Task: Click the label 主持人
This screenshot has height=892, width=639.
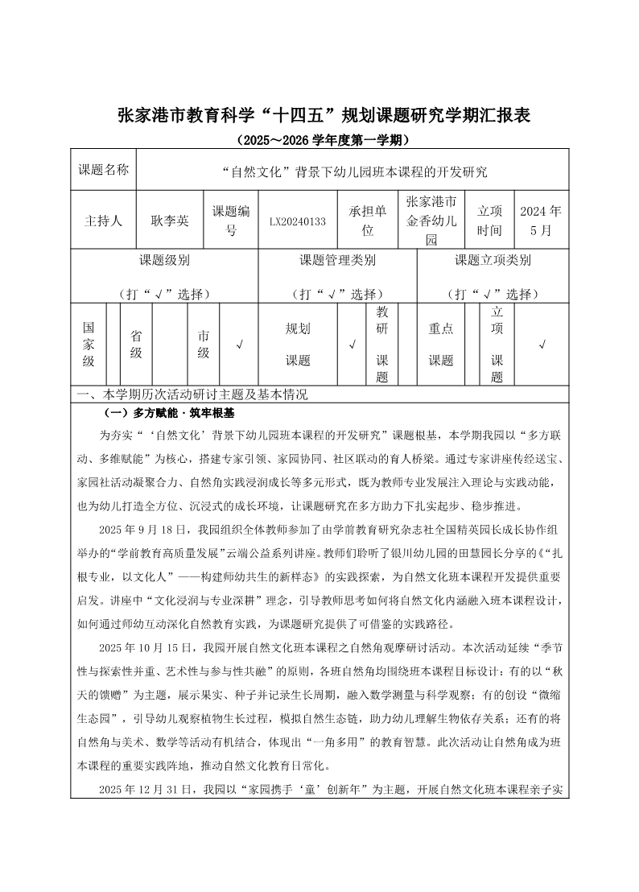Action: pos(103,221)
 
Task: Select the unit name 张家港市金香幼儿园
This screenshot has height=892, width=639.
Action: pos(431,221)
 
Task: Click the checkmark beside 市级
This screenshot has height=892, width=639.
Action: pos(240,345)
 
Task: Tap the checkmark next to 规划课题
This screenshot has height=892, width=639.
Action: pos(352,345)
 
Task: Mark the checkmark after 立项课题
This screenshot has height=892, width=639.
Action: pos(542,345)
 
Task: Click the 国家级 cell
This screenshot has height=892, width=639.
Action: pos(89,345)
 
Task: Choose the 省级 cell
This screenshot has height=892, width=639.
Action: pos(136,345)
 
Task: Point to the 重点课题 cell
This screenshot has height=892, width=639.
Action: pos(440,345)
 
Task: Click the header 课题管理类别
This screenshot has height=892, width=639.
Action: pos(337,260)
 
